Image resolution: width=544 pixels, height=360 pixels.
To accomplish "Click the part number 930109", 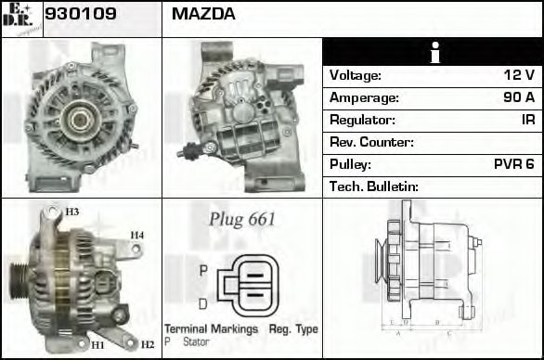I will point(81,14).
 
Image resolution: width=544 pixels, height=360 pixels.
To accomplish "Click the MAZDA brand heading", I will point(203,14).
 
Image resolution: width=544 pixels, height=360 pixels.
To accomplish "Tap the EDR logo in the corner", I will point(20,18).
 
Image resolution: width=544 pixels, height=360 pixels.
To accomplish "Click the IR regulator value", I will point(527,120).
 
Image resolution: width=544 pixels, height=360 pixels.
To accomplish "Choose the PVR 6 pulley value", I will point(513,164).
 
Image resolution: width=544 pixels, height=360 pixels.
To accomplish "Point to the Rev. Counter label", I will point(371,142).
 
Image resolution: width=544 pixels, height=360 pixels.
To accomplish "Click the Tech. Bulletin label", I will point(374,186).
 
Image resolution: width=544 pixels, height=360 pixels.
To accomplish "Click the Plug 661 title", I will point(241,220).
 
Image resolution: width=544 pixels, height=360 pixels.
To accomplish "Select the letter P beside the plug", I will point(203,269).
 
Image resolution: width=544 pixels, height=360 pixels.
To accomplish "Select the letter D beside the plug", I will point(203,302).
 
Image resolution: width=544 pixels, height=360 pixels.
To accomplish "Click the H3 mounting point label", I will point(71,212).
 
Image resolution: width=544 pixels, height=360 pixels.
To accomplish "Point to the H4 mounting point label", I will point(136,235).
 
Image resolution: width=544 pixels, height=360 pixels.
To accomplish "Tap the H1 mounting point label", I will point(97,344).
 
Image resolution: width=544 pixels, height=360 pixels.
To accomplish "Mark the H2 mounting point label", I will point(147,344).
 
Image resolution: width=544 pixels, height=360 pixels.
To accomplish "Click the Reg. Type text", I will point(293,329).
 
